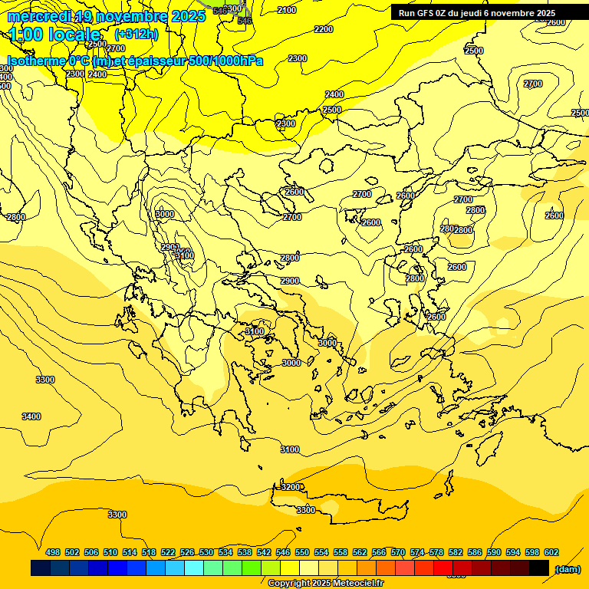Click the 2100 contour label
pyautogui.click(x=287, y=10)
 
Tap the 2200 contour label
pyautogui.click(x=324, y=29)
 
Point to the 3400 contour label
pyautogui.click(x=31, y=416)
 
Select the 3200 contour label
pyautogui.click(x=291, y=487)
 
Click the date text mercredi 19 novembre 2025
pyautogui.click(x=107, y=16)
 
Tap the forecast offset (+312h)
pyautogui.click(x=136, y=35)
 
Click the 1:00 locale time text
pyautogui.click(x=55, y=35)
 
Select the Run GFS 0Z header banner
pyautogui.click(x=477, y=13)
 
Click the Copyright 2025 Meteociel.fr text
pyautogui.click(x=325, y=584)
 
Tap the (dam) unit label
pyautogui.click(x=567, y=568)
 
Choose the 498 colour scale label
pyautogui.click(x=53, y=553)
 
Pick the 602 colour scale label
pyautogui.click(x=551, y=553)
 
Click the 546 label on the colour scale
pyautogui.click(x=283, y=553)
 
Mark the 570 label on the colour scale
pyautogui.click(x=398, y=553)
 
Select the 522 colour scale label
pyautogui.click(x=168, y=553)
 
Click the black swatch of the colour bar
pyautogui.click(x=539, y=568)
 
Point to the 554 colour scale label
pyautogui.click(x=321, y=553)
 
